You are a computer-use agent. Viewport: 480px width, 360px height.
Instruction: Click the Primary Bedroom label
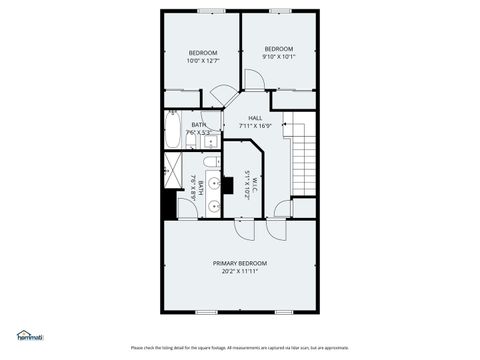tap(242, 262)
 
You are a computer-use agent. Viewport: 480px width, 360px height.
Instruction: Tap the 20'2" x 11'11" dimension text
tap(242, 270)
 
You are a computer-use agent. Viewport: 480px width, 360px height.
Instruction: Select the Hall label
tap(256, 118)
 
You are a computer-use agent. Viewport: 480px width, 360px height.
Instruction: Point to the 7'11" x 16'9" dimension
tap(256, 126)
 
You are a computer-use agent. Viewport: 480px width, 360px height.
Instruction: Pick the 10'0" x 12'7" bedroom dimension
tap(203, 61)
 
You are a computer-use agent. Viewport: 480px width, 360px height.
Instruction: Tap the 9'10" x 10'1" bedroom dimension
tap(279, 57)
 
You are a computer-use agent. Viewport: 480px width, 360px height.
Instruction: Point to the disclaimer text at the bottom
tap(240, 348)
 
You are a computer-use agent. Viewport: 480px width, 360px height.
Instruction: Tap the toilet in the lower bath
tap(210, 161)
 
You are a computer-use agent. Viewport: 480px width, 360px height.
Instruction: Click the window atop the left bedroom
tap(210, 11)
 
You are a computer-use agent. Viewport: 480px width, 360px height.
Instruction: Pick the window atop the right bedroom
tap(279, 11)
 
